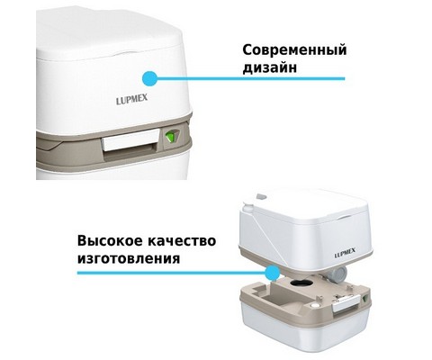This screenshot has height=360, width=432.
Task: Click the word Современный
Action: click(x=294, y=50)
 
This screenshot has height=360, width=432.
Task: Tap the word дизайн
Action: click(x=270, y=67)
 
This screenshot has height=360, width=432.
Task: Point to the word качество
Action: click(x=181, y=241)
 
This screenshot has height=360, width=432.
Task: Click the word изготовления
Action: click(x=129, y=258)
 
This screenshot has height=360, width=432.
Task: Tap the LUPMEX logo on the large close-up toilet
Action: click(x=131, y=100)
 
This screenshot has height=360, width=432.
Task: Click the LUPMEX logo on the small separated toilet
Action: click(x=345, y=255)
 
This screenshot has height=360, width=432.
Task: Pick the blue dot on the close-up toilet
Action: click(x=150, y=78)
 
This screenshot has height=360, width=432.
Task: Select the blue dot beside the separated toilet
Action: click(x=272, y=273)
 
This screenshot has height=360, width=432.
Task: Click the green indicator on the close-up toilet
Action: click(x=171, y=137)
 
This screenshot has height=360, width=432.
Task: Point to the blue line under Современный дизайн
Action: click(x=251, y=78)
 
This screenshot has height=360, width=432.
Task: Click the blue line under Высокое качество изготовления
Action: click(x=171, y=273)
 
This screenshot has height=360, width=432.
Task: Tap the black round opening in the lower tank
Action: click(x=301, y=283)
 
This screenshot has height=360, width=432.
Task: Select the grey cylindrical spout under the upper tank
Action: click(x=337, y=274)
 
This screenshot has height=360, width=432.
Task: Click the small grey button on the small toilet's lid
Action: click(x=261, y=197)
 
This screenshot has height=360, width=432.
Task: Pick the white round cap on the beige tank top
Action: click(x=314, y=305)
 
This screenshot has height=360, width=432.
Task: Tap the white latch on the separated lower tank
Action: click(x=346, y=306)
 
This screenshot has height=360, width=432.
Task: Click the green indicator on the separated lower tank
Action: click(x=365, y=299)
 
